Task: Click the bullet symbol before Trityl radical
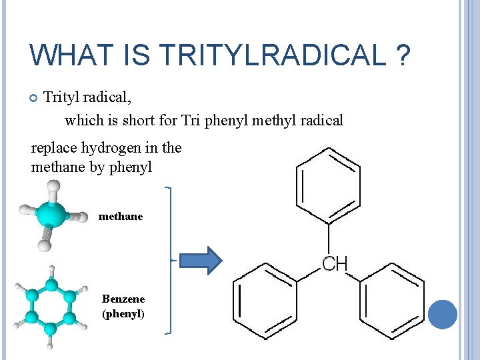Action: click(33, 98)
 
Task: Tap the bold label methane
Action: click(121, 217)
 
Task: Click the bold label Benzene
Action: click(123, 299)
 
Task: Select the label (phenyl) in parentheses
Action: click(123, 313)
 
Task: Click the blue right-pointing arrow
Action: click(201, 261)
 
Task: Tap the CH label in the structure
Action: click(335, 264)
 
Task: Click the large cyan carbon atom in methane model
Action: click(51, 215)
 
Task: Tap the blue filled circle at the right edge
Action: click(442, 314)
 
